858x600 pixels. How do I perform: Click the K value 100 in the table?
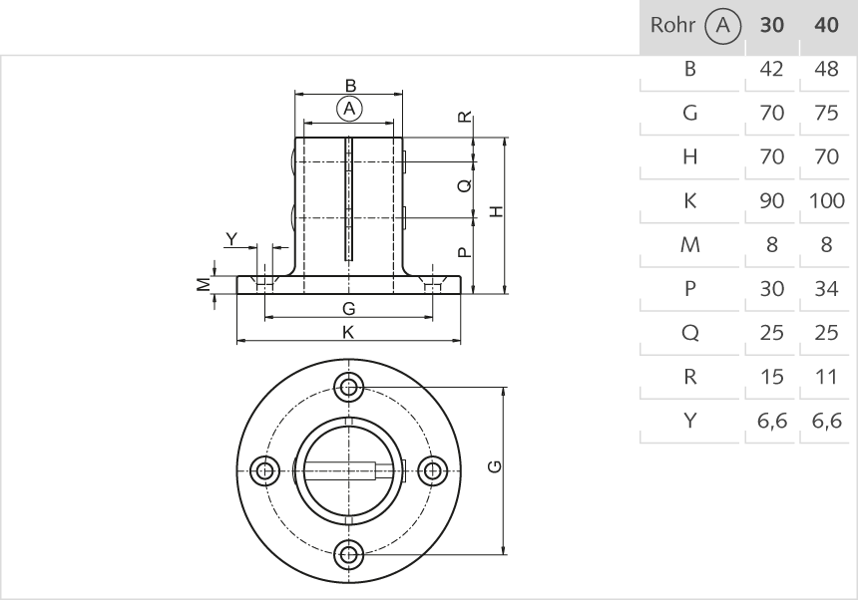(826, 200)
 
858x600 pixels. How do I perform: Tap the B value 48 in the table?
(826, 69)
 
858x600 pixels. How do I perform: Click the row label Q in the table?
(688, 333)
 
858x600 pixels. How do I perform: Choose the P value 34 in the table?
(826, 289)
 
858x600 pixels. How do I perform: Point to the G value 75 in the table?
(826, 113)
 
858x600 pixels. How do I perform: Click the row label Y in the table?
(688, 421)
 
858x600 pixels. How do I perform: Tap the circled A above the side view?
(348, 108)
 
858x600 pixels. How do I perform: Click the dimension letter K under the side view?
(348, 333)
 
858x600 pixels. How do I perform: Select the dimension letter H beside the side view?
(496, 210)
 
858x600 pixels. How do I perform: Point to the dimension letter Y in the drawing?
(231, 238)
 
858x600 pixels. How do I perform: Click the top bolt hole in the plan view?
(348, 387)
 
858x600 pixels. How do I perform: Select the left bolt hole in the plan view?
(264, 470)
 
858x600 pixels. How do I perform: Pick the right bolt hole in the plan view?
(432, 470)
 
